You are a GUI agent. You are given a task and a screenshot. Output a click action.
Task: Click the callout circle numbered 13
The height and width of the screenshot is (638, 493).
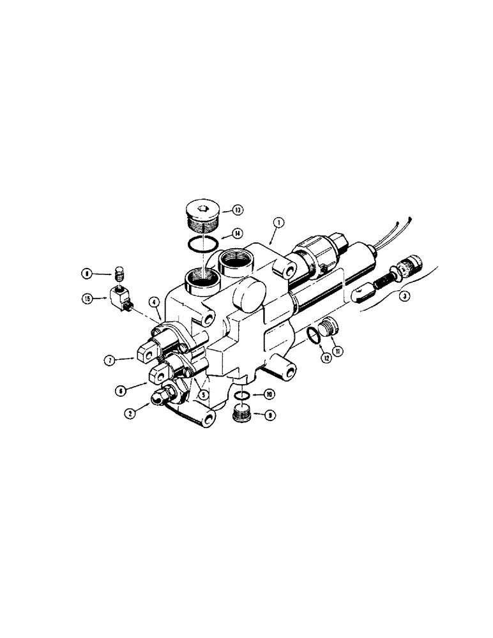(236, 209)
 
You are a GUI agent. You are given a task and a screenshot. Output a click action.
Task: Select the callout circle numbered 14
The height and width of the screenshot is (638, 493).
(237, 234)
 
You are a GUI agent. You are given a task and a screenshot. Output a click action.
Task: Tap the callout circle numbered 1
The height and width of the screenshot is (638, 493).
(279, 224)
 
